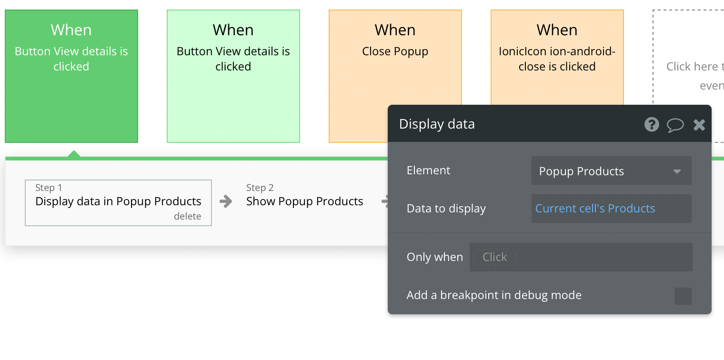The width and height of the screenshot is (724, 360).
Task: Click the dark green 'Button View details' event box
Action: click(x=71, y=76)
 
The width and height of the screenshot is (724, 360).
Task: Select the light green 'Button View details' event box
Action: click(x=233, y=76)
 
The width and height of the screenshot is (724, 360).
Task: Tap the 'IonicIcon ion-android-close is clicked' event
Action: click(x=557, y=58)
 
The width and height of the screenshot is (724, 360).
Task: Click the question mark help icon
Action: click(x=652, y=124)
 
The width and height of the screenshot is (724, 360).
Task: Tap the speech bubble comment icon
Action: click(x=675, y=125)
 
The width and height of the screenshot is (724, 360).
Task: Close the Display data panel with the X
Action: click(x=699, y=125)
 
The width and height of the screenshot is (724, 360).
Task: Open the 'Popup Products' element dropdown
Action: click(x=611, y=170)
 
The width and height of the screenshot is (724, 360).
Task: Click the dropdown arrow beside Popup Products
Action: click(x=677, y=171)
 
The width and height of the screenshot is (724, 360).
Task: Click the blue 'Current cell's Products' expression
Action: click(x=595, y=209)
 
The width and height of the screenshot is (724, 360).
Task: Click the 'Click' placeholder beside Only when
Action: click(x=494, y=257)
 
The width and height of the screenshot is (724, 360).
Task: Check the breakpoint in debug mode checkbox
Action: click(x=683, y=296)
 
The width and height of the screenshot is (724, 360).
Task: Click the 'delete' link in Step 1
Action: click(x=188, y=216)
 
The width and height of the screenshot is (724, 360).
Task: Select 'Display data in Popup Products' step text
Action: click(x=118, y=201)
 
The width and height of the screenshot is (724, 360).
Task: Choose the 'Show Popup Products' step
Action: click(x=304, y=201)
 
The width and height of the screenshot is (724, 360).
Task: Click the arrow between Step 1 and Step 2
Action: click(x=226, y=201)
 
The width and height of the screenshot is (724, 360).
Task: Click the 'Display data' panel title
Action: click(x=437, y=124)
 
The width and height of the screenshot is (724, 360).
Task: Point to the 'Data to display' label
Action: click(x=446, y=209)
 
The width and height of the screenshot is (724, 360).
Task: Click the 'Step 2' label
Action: click(x=260, y=188)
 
